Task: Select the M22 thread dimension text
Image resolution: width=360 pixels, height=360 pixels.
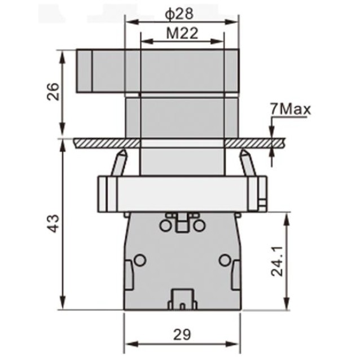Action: [x=181, y=33]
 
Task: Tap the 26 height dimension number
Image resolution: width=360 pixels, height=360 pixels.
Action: [x=52, y=92]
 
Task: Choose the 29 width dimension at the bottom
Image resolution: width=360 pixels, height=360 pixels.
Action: [x=182, y=334]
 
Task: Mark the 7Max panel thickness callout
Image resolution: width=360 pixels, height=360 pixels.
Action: [x=290, y=108]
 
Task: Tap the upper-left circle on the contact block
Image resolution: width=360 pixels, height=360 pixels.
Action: [x=165, y=226]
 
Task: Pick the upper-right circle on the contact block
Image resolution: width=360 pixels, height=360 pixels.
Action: [x=199, y=226]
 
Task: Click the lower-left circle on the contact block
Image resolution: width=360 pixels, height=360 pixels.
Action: [x=139, y=260]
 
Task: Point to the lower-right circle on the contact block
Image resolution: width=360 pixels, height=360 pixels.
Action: [x=225, y=260]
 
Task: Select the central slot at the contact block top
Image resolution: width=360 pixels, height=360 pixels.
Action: [x=182, y=223]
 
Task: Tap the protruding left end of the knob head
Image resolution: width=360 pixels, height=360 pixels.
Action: [x=84, y=71]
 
